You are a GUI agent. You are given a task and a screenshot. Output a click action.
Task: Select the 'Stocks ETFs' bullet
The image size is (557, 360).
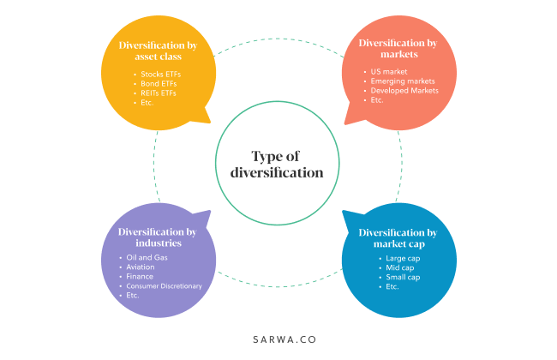tap(162, 74)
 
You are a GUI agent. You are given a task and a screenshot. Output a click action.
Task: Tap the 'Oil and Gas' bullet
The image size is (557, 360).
tap(147, 258)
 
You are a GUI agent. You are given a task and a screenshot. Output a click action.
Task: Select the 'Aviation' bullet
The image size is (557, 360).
tap(141, 267)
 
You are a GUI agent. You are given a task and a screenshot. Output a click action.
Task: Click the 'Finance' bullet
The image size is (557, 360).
tap(140, 277)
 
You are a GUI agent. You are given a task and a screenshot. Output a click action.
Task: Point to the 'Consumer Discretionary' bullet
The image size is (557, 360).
tap(164, 286)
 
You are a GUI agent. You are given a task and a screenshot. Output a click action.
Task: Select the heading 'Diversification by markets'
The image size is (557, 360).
tap(398, 48)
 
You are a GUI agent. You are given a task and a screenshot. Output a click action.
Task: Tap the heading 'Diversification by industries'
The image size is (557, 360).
tap(156, 237)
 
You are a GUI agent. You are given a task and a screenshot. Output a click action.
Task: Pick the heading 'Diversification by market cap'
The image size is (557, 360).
tap(398, 237)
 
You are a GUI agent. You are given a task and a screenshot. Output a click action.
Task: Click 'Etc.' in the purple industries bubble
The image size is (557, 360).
tap(133, 296)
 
